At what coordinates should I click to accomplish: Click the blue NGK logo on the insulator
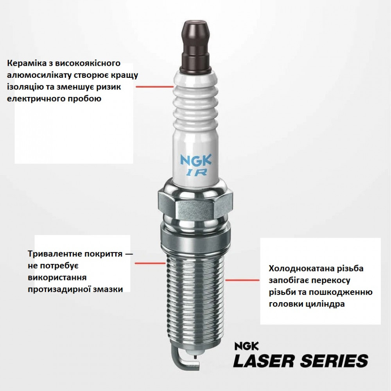(196, 160)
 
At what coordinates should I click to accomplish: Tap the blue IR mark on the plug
(196, 173)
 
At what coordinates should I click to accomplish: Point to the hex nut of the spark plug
(195, 202)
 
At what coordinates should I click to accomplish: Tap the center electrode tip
(196, 356)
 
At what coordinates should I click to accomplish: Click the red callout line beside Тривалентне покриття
(150, 263)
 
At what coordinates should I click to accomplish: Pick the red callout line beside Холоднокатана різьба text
(242, 280)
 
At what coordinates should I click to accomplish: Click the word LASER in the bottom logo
(264, 361)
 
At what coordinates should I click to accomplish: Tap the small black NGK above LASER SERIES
(246, 346)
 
